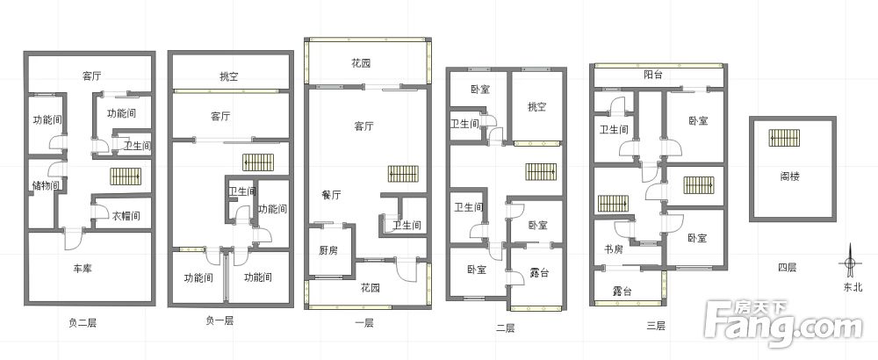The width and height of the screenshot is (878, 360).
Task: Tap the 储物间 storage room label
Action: [x=45, y=185]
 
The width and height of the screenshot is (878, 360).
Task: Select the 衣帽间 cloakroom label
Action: [x=125, y=215]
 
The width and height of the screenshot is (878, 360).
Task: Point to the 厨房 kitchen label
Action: [x=328, y=250]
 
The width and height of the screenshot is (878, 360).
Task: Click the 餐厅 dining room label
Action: [x=331, y=194]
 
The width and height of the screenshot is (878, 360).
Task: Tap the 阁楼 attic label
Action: [x=789, y=175]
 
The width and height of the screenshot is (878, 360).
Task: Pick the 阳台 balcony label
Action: [x=652, y=76]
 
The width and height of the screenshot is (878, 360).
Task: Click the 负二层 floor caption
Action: [x=82, y=322]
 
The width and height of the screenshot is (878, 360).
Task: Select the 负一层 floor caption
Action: [x=219, y=320]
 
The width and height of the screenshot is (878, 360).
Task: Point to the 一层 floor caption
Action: [x=363, y=322]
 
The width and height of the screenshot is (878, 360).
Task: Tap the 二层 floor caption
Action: [x=505, y=328]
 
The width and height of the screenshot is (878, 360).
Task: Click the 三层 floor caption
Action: [x=656, y=326]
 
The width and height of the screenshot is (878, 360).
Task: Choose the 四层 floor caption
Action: [x=787, y=267]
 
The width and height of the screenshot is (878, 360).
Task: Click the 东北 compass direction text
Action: [x=853, y=287]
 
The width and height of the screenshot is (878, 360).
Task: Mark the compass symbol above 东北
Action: [x=850, y=263]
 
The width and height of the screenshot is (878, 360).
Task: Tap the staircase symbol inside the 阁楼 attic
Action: [x=783, y=139]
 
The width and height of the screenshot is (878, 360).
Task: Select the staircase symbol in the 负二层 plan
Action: [x=126, y=176]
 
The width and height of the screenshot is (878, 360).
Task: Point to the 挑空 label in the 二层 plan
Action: [x=536, y=107]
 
